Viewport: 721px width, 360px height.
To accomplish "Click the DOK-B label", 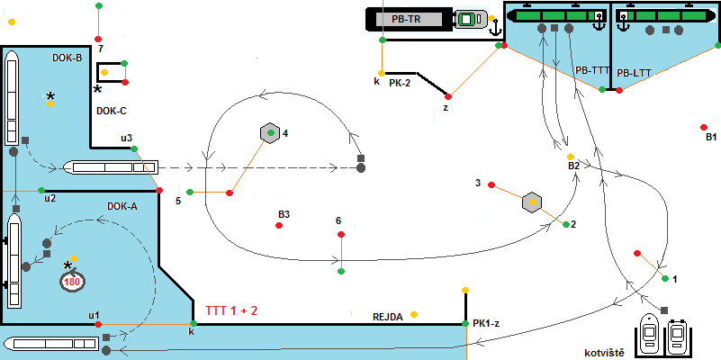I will point(68,58).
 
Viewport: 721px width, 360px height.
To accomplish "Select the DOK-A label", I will point(122,206).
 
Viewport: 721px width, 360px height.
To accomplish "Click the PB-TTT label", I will point(592,70).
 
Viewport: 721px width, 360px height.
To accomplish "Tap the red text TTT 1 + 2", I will point(232,310).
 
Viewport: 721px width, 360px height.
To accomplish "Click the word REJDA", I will point(387,317).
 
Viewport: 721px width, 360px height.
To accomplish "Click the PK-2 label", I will point(400,82).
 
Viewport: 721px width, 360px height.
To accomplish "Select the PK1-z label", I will point(486,323).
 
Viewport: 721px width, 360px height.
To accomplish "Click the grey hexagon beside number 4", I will point(268,133).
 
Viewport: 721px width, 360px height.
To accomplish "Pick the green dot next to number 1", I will point(664,279).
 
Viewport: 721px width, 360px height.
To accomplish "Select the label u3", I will point(126,138).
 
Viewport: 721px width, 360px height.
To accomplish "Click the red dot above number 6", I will point(340,235).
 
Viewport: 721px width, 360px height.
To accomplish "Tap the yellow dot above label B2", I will point(571,157).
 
